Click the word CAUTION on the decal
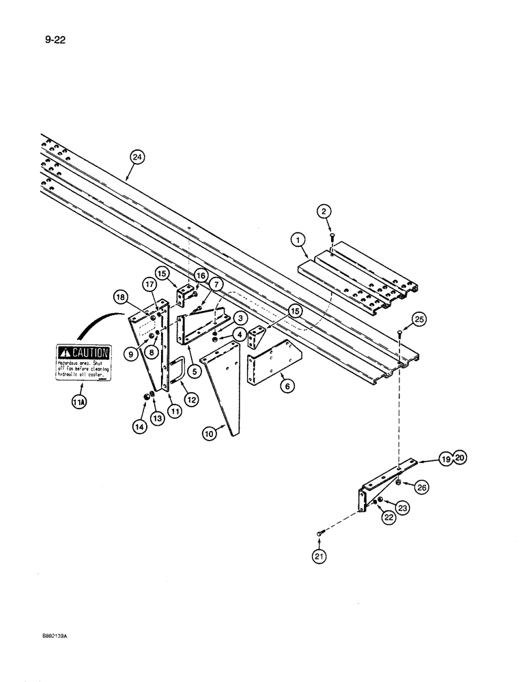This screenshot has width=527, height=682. point(91,353)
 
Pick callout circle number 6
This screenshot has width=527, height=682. point(285,385)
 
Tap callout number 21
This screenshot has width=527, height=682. point(320,557)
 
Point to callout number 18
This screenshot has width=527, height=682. point(120,297)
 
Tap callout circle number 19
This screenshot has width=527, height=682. point(446,460)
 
